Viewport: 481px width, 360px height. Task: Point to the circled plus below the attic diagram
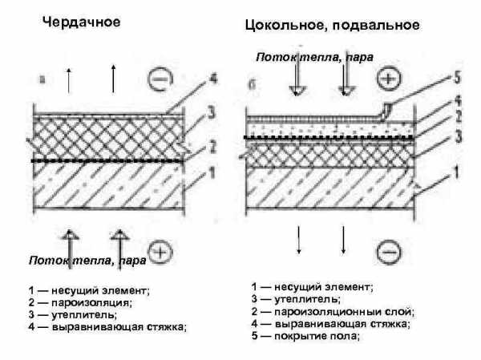click(x=160, y=253)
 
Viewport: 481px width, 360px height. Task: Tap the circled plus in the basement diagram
click(x=388, y=79)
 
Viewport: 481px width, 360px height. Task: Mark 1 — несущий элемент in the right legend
click(x=313, y=286)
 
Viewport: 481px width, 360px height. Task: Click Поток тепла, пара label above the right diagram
click(x=315, y=58)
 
